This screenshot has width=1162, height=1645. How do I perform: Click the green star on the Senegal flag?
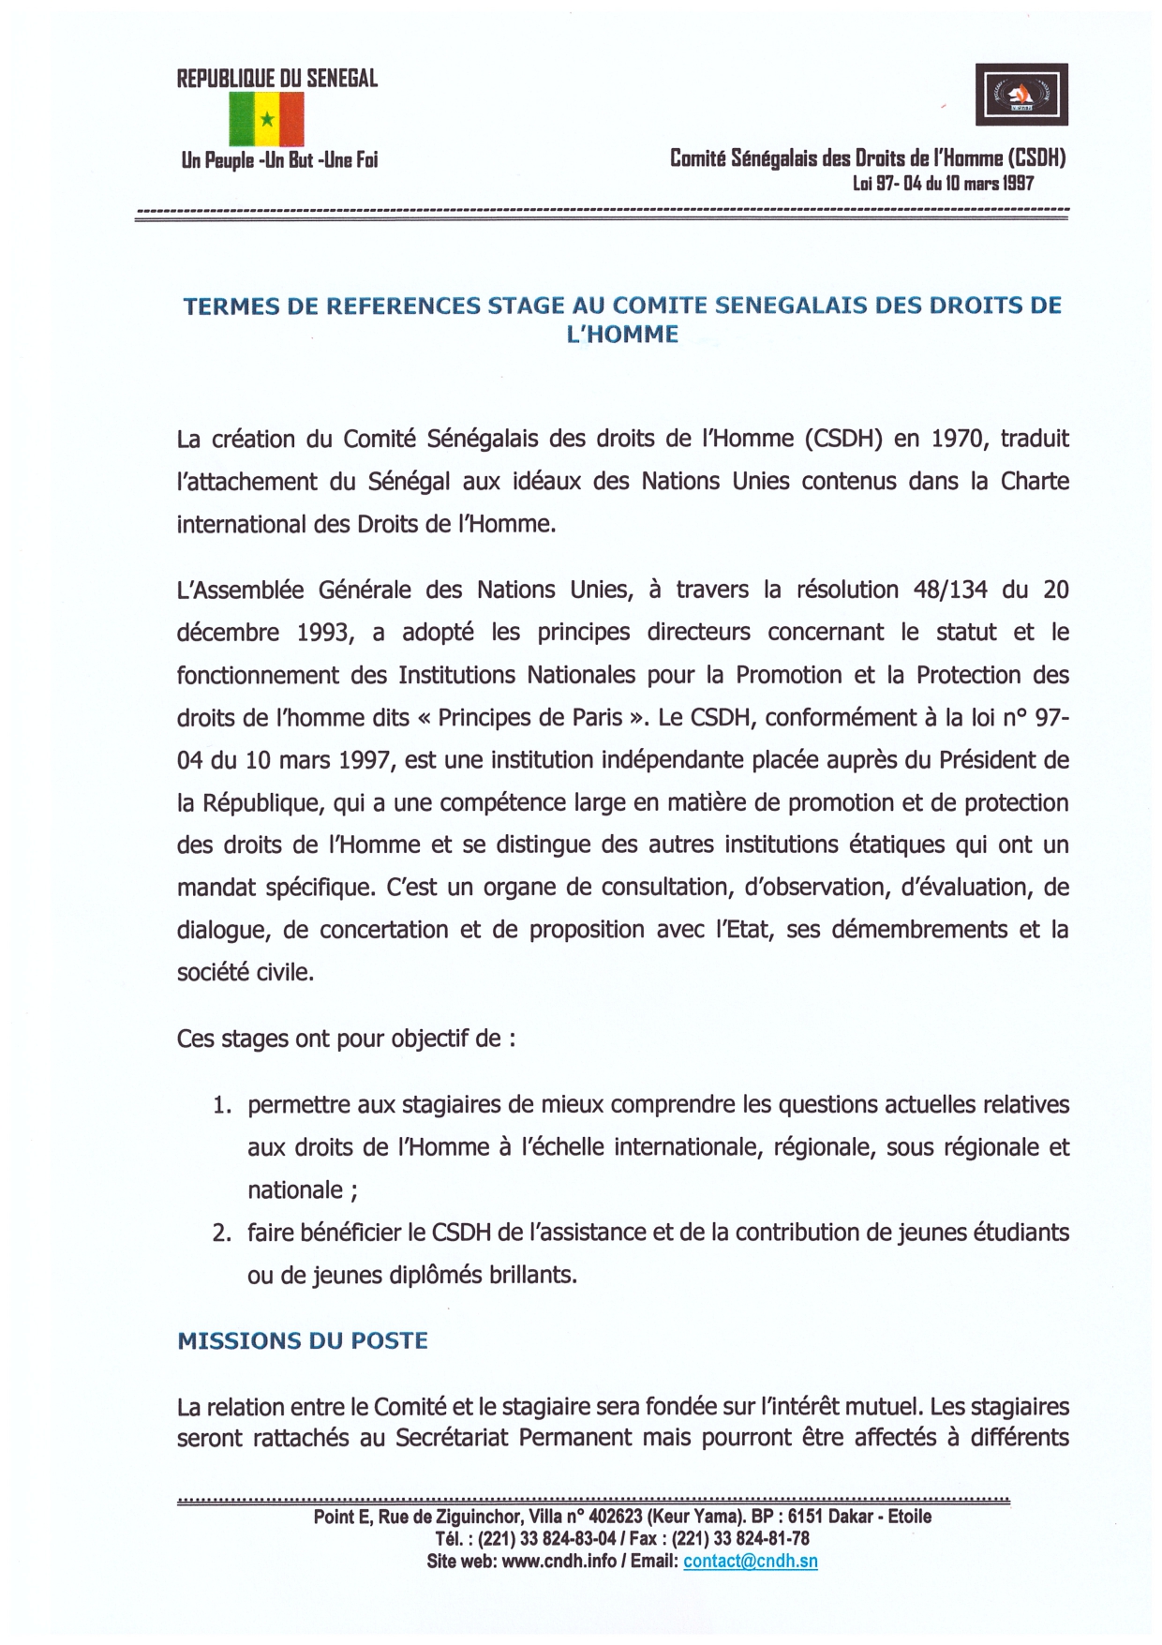(267, 119)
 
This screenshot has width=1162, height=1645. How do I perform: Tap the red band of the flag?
(291, 119)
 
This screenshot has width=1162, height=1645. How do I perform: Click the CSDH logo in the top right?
(1021, 95)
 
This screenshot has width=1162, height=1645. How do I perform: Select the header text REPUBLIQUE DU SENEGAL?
(277, 79)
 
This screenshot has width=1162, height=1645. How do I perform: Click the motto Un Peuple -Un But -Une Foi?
(279, 160)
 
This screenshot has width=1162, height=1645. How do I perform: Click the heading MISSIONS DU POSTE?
(303, 1341)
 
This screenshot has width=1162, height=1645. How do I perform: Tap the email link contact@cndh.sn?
(750, 1562)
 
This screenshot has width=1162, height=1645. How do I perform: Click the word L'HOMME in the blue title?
(622, 335)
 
